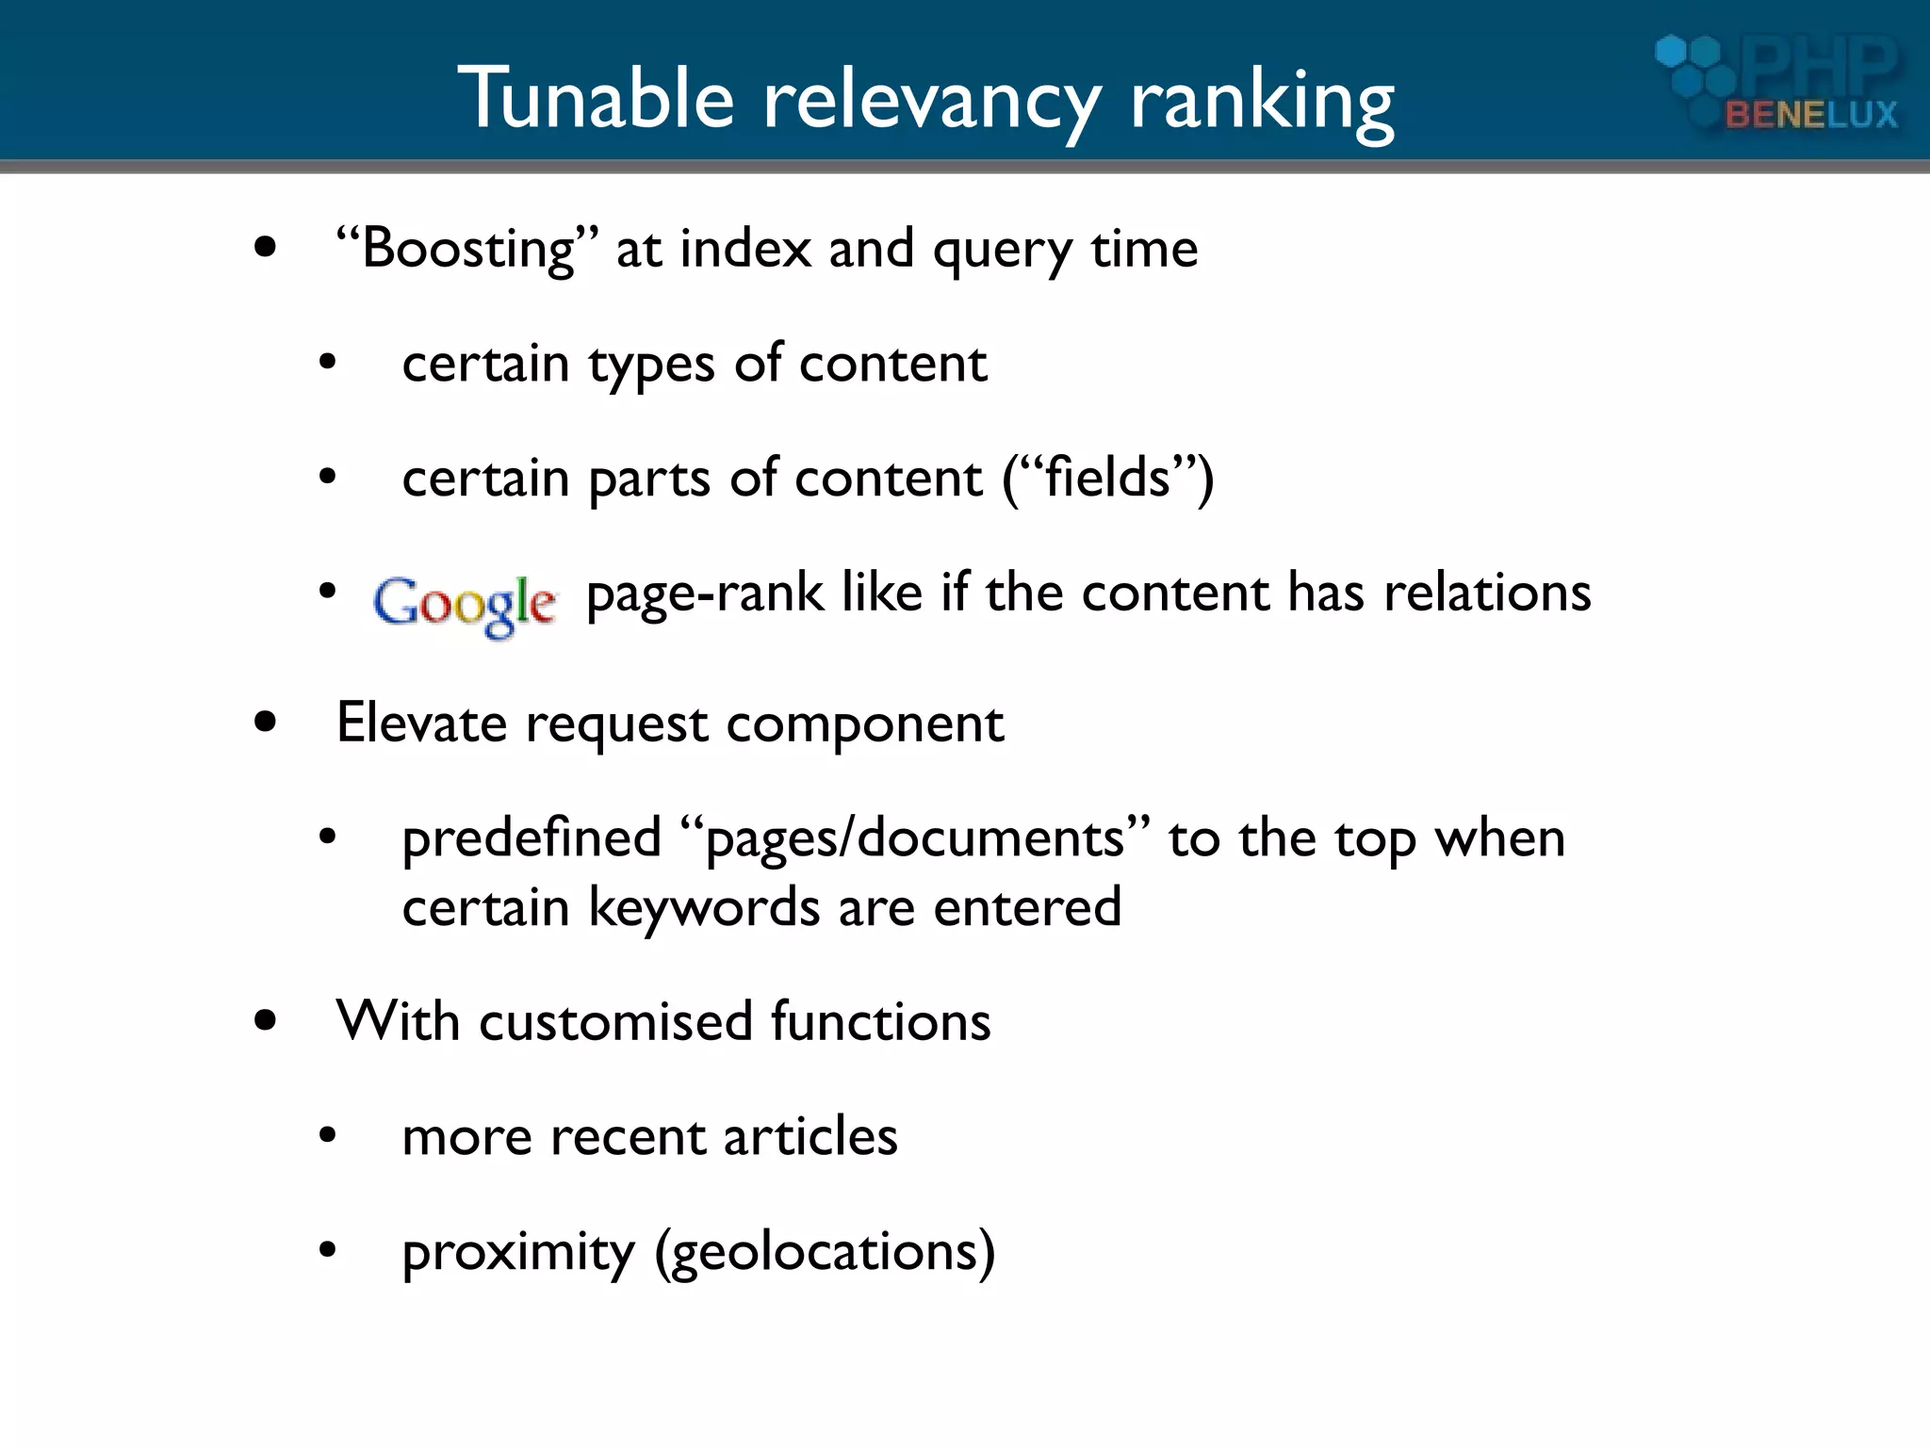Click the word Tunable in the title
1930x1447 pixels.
coord(595,98)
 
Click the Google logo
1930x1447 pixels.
coord(465,604)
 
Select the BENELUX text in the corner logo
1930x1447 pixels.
coord(1810,115)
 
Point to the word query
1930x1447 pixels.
coord(1002,252)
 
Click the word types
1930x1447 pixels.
coord(651,366)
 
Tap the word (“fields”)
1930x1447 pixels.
coord(1107,478)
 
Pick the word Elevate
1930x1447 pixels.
coord(421,723)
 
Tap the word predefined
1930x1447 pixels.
coord(532,837)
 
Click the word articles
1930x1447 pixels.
coord(810,1136)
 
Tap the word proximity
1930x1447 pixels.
coord(518,1253)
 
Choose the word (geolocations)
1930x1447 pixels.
coord(825,1254)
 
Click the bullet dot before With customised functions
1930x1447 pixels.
coord(266,1020)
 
